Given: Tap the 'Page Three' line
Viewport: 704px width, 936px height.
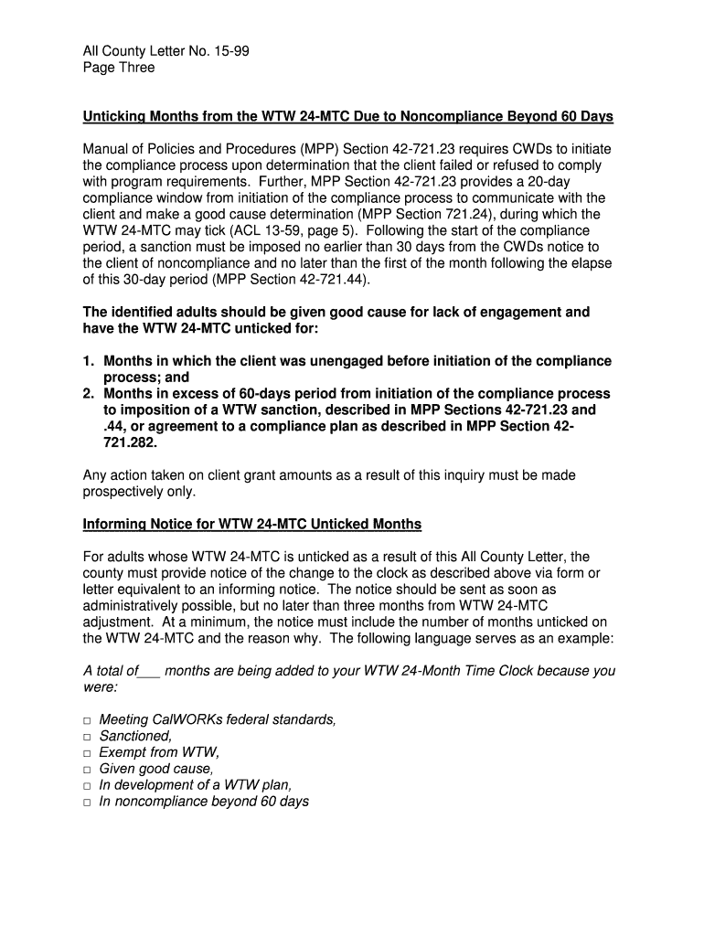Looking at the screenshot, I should point(119,68).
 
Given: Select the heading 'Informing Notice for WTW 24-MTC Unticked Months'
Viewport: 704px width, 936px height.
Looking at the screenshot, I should point(252,524).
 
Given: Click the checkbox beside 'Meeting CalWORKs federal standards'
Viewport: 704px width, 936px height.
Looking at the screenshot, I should point(87,720).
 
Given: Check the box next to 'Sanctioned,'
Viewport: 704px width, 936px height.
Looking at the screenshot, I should point(87,737).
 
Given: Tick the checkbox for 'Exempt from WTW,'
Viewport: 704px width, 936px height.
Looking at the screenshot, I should point(87,753).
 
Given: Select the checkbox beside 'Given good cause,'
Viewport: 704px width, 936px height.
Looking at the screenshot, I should point(87,770).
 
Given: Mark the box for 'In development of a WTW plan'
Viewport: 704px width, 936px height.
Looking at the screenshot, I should point(87,786).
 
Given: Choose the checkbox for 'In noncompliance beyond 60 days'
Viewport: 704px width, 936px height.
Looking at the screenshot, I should point(87,803).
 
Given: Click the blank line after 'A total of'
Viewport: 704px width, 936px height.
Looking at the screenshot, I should point(149,672).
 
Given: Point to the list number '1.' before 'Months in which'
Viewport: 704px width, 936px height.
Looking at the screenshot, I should point(90,361).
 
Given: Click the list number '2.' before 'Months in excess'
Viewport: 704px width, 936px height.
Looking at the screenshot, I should point(90,394).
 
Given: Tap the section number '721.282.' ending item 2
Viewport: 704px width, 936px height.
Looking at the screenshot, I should point(130,442).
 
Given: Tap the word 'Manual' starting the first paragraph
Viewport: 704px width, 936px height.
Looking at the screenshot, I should point(107,149).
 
